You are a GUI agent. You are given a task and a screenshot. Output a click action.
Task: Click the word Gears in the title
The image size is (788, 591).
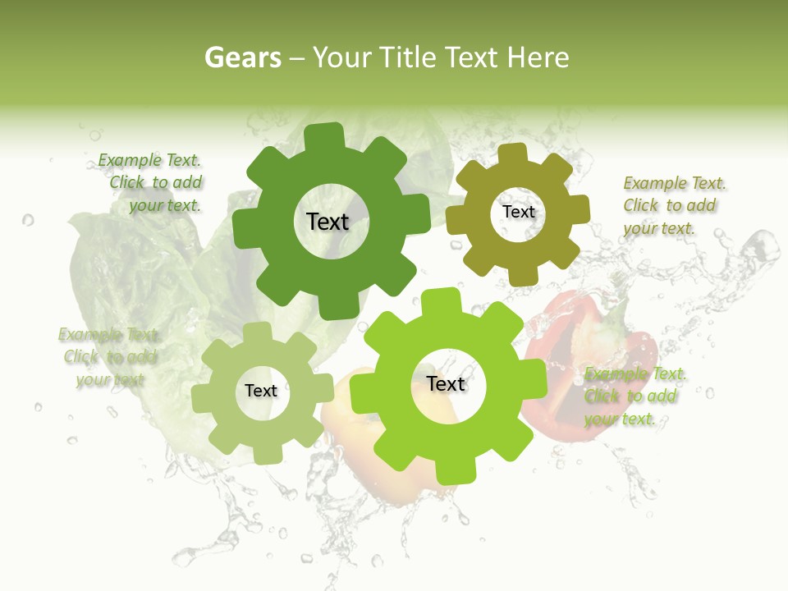click(x=242, y=57)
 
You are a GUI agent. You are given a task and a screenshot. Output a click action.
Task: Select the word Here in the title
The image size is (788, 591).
click(x=538, y=57)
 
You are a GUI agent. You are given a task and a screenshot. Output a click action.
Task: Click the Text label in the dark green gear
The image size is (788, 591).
click(x=328, y=222)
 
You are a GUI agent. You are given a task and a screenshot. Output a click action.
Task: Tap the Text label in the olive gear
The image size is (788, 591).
click(x=518, y=212)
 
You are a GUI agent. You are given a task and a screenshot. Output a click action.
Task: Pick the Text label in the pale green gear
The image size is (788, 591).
click(x=260, y=391)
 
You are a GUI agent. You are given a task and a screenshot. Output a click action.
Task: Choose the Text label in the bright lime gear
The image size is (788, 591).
click(x=446, y=383)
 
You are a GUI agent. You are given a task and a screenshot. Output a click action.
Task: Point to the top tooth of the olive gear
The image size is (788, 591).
click(x=513, y=153)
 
